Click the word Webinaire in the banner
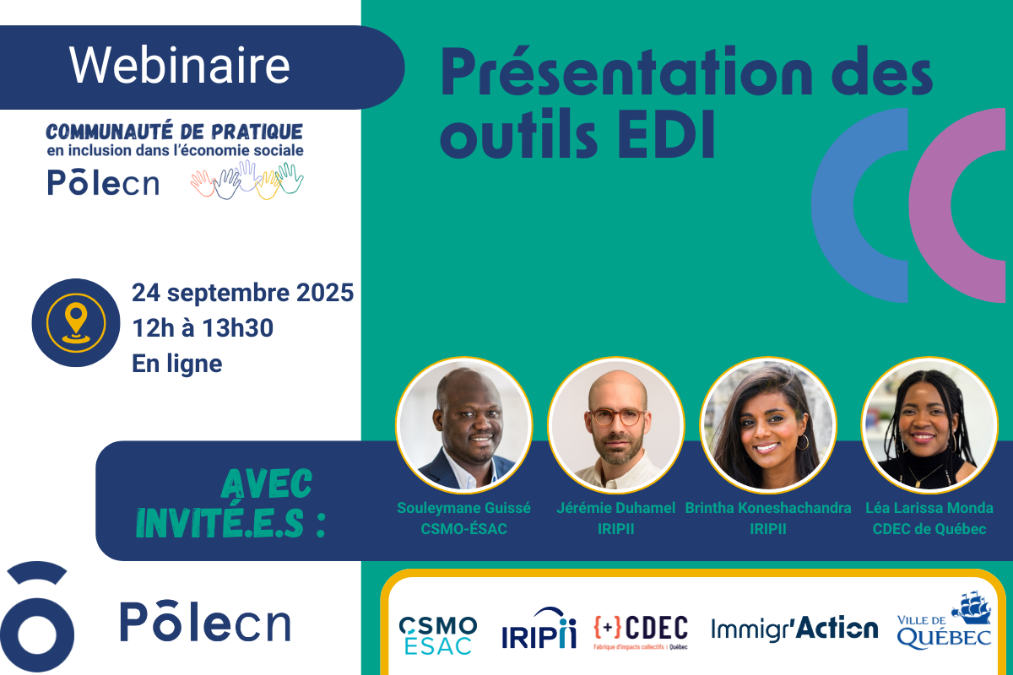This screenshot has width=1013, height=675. [180, 66]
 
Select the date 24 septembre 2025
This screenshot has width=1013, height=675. [242, 293]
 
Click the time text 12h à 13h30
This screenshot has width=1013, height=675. [203, 327]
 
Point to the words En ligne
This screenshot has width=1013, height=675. [176, 364]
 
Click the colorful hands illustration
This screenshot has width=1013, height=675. [246, 180]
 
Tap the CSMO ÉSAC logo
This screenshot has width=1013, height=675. [438, 635]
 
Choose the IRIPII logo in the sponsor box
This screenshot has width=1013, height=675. [539, 629]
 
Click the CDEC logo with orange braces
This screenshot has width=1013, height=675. [641, 632]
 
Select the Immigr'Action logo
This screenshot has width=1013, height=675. [794, 629]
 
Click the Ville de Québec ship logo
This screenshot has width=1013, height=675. [945, 620]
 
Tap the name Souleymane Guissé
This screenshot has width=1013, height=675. [463, 508]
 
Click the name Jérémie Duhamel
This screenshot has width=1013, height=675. [615, 508]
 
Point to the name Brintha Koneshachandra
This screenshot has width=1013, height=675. [768, 508]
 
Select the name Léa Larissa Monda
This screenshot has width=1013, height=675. [929, 508]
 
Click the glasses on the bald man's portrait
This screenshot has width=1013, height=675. [617, 417]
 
